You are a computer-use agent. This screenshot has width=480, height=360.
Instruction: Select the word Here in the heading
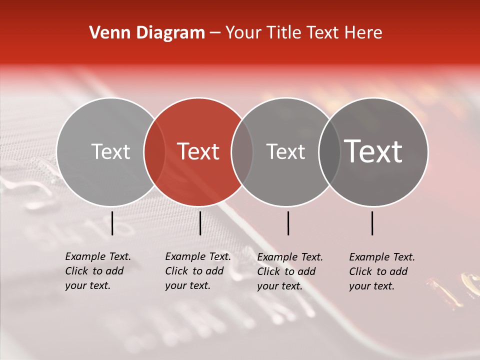(x=364, y=33)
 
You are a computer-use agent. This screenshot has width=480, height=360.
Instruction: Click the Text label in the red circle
(x=198, y=151)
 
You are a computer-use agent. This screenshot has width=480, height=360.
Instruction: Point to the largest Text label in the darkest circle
(x=373, y=151)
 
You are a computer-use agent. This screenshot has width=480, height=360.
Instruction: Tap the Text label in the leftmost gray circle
(x=110, y=151)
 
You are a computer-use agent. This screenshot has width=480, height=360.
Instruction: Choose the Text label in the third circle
(x=285, y=151)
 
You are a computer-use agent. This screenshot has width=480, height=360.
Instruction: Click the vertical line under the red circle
(x=200, y=223)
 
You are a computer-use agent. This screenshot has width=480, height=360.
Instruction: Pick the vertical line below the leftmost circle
(x=112, y=223)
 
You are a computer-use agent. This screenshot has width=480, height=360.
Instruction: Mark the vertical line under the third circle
(x=288, y=223)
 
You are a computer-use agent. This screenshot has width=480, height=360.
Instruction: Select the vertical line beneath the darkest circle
(x=372, y=223)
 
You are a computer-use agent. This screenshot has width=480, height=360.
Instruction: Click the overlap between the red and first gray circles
(x=154, y=151)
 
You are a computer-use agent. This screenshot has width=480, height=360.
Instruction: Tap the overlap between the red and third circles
(x=242, y=151)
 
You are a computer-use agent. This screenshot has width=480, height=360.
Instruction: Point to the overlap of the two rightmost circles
(x=329, y=151)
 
